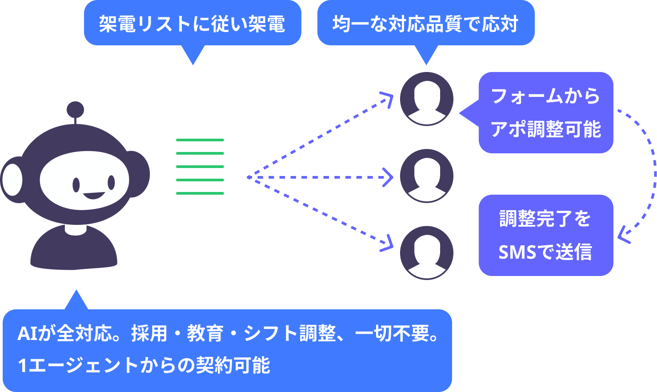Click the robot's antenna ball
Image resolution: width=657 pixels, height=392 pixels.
(75, 110)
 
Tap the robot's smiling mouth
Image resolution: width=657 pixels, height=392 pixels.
(94, 195)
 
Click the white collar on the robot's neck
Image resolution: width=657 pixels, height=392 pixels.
(76, 229)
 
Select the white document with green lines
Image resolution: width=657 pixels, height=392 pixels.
(199, 164)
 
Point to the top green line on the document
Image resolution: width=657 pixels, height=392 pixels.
(200, 140)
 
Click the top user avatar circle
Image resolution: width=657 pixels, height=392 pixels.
(426, 99)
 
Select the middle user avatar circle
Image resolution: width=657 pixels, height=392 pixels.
(426, 176)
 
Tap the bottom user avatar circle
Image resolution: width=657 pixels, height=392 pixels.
(426, 253)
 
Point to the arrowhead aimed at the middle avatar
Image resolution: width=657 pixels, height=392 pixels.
(389, 177)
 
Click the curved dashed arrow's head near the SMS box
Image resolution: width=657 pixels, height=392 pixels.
(623, 235)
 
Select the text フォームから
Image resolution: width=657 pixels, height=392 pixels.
(545, 96)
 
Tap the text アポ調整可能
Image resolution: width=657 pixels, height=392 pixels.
(545, 129)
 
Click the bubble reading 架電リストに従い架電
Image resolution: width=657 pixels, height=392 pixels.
(192, 24)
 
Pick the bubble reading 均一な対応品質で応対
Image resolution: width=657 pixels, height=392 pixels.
(425, 24)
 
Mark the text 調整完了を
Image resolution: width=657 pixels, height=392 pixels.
(545, 219)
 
